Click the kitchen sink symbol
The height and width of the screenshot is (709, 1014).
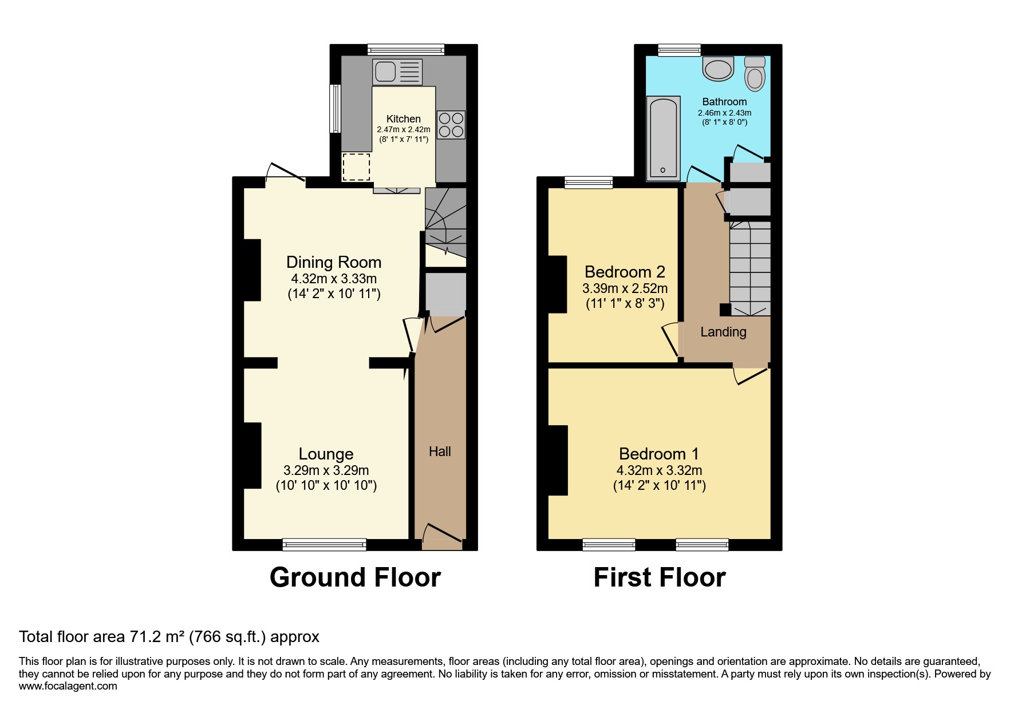coord(397,72)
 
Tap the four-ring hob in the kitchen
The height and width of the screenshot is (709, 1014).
coord(451,125)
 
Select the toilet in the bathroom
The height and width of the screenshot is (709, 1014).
coord(755,75)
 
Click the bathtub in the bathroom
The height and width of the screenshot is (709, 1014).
coord(663,137)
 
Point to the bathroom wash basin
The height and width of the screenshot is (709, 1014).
coord(719,69)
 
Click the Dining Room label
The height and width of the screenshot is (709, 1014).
coord(334,262)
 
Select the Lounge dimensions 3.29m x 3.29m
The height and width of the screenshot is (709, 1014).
coord(326,470)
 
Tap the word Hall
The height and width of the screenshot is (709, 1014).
coord(440,451)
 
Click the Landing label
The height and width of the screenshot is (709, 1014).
coord(723,332)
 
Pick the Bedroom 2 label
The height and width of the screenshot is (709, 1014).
coord(625,271)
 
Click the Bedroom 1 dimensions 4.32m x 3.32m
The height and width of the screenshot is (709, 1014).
coord(659,470)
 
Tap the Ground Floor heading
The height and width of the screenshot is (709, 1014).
coord(355,577)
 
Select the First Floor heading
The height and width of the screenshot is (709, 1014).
coord(659,577)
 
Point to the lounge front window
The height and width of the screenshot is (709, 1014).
coord(324,544)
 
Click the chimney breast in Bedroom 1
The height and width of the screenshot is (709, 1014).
coord(558,460)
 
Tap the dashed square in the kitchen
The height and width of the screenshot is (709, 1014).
coord(356,167)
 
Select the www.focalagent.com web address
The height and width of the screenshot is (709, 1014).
coord(68,686)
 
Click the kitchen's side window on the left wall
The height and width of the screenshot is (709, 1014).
coord(335,109)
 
